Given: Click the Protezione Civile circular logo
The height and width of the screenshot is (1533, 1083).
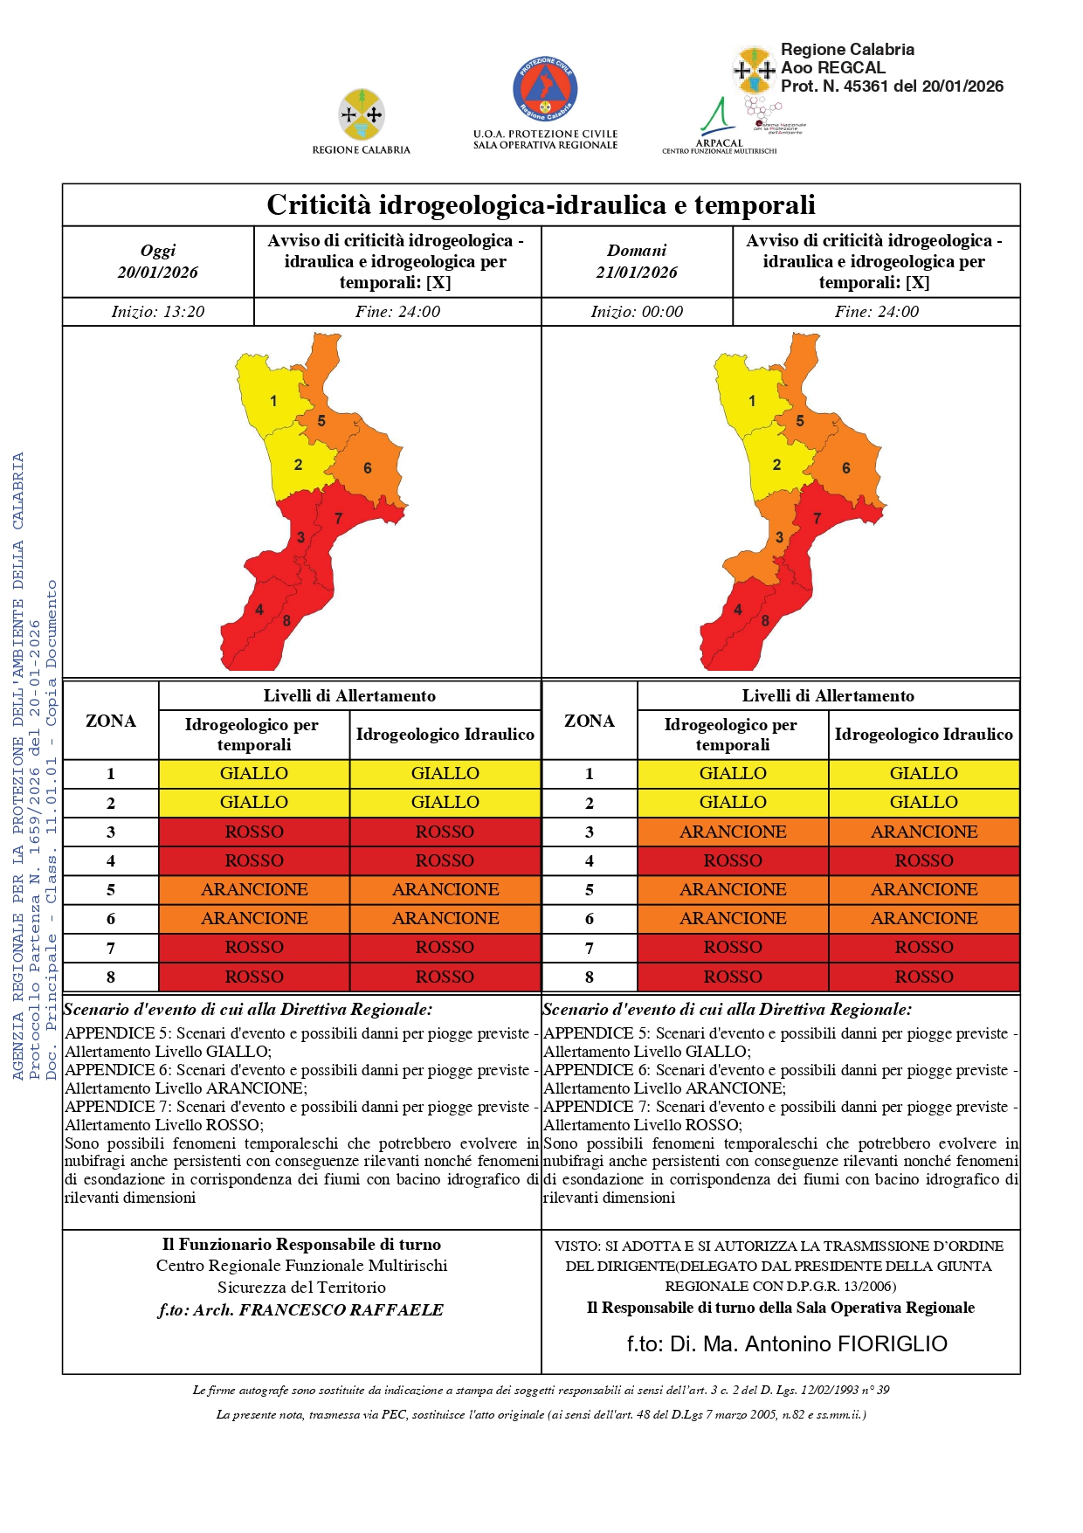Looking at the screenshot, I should coord(545,89).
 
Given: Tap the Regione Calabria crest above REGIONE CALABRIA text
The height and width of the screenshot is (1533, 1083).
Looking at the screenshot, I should coord(362,114).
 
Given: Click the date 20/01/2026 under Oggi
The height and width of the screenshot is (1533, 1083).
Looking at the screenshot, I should coord(158,273).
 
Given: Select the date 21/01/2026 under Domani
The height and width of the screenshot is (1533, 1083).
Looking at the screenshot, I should coord(637,273).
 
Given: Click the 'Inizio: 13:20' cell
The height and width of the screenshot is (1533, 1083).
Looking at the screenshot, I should coord(158,312).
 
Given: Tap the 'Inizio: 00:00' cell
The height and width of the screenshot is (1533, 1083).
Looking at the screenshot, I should coord(637,312).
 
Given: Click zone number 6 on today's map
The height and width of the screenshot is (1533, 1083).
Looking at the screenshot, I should coord(368,468).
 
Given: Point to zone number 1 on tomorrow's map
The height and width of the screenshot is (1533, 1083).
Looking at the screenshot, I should coord(752,401).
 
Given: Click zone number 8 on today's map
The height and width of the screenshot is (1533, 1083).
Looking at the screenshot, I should coord(286,621).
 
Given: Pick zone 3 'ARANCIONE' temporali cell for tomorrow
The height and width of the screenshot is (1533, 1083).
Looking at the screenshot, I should coord(733,832).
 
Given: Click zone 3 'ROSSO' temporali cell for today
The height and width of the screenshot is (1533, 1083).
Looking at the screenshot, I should coord(254,832).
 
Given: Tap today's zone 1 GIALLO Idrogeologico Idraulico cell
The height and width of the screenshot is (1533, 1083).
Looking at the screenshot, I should coord(445,773).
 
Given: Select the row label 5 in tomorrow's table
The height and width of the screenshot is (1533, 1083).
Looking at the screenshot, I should coord(590,890).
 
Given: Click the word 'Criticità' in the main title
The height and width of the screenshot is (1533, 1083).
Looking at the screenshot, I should coord(326,205).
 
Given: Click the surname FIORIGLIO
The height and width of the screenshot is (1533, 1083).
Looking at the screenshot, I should coord(892,1343).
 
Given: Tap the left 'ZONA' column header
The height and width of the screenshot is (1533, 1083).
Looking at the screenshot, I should coord(111,721).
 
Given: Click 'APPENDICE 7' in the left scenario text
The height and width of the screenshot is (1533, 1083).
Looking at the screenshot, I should coord(118,1107).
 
